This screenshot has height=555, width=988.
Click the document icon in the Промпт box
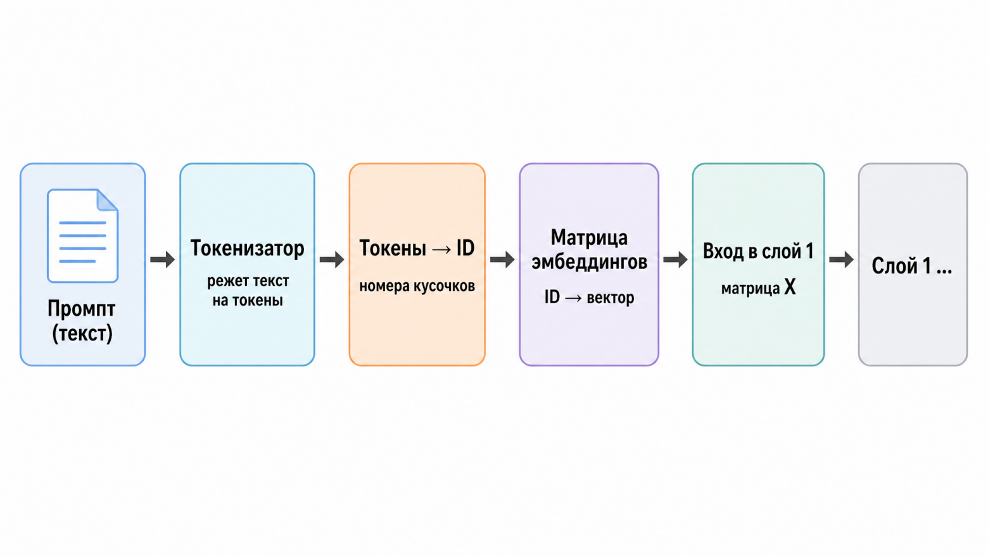82,236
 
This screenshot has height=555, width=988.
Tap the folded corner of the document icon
107,201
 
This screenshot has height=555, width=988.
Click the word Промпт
82,309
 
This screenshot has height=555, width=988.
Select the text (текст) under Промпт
82,334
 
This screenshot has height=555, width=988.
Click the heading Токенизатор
247,248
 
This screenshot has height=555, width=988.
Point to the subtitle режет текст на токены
248,290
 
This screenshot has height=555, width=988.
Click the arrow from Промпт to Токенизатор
162,259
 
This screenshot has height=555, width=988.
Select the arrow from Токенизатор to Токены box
332,259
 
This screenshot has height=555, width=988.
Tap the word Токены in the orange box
393,248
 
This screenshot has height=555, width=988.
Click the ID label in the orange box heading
465,248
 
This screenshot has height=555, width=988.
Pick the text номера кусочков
417,287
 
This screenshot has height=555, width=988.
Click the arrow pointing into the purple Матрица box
502,259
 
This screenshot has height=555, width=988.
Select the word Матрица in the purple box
589,238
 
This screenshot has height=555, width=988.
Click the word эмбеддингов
589,262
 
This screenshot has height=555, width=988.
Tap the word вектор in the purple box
611,298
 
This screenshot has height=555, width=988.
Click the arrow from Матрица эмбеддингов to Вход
675,259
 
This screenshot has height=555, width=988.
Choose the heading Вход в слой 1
758,251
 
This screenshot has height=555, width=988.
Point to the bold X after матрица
790,287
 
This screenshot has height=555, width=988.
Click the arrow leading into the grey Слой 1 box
841,259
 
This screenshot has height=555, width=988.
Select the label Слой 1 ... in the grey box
912,266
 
